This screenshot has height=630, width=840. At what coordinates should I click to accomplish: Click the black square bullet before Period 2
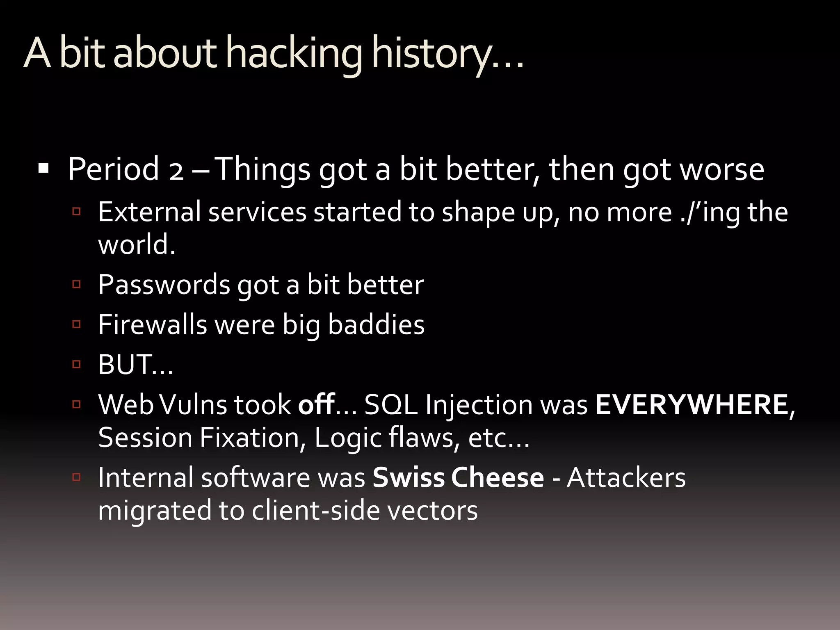click(x=43, y=168)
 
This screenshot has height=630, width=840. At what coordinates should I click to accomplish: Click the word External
click(x=149, y=212)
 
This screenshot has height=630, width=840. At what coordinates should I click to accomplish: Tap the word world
click(x=136, y=244)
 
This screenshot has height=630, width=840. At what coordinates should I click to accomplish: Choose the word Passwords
click(x=164, y=285)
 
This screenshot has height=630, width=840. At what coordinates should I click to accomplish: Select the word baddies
click(x=376, y=324)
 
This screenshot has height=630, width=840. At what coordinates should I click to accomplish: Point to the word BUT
click(x=125, y=364)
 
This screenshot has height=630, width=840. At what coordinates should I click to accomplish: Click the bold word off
click(x=316, y=404)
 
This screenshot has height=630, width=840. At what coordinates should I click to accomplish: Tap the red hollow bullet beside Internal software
click(x=76, y=477)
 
